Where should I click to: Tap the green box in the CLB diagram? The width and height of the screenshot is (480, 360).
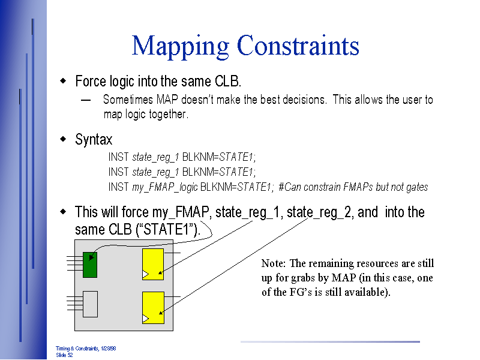[x=90, y=264]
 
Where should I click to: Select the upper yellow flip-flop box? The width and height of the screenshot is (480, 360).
[x=152, y=264]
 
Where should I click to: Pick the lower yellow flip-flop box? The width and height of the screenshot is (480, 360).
[x=152, y=307]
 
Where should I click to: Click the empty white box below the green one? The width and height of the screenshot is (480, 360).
[x=90, y=304]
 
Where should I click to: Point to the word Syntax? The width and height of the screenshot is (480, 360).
[x=94, y=140]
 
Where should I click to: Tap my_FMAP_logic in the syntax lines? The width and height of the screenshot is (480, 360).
[x=164, y=187]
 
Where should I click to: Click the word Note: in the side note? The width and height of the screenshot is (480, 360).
[x=274, y=263]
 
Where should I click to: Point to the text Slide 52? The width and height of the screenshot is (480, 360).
[x=64, y=355]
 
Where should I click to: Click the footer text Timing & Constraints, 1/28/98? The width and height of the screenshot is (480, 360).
[x=86, y=349]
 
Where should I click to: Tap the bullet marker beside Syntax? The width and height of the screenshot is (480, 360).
[x=63, y=140]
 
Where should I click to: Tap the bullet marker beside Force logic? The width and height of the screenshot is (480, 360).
[x=63, y=81]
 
